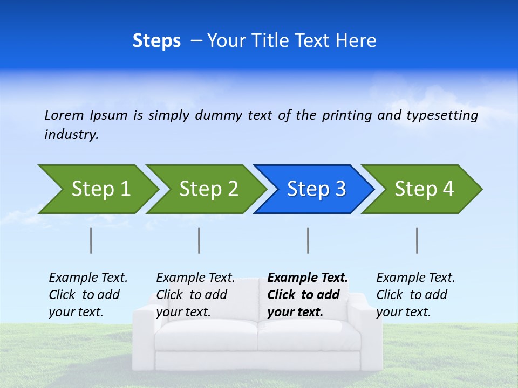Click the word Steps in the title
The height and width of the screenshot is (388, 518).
coord(156,41)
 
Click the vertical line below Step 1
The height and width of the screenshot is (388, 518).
coord(91,240)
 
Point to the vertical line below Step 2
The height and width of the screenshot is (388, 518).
coord(199,240)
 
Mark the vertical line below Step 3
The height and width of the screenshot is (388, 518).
coord(308,240)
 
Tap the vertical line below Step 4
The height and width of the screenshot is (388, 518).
coord(417,240)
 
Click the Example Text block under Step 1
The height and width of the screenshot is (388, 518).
coord(88,295)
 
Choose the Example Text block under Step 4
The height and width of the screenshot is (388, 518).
coord(415,295)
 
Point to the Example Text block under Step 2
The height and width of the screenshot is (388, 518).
coord(195,295)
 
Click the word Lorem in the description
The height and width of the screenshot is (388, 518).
coord(64,115)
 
